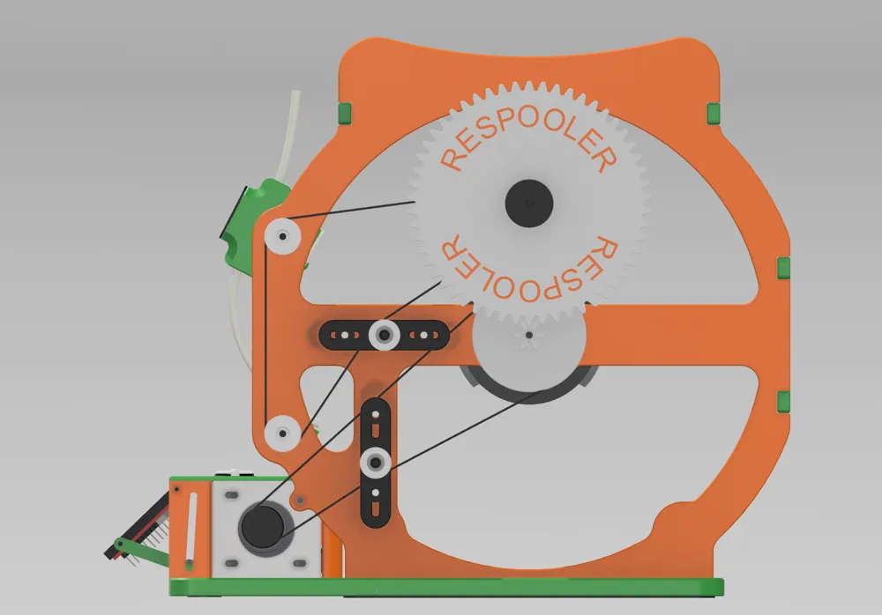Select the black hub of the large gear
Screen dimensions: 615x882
[x=529, y=203]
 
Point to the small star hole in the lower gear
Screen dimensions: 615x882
[x=528, y=336]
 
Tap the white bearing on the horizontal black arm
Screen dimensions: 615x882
[x=384, y=333]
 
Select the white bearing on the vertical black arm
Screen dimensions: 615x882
[x=377, y=460]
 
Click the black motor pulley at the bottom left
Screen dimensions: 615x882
[x=262, y=525]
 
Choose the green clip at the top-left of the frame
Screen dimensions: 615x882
[x=345, y=112]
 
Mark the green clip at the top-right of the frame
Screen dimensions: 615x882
[x=714, y=112]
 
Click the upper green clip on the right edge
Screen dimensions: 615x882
[x=782, y=269]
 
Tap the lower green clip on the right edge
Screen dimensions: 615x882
[x=782, y=402]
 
